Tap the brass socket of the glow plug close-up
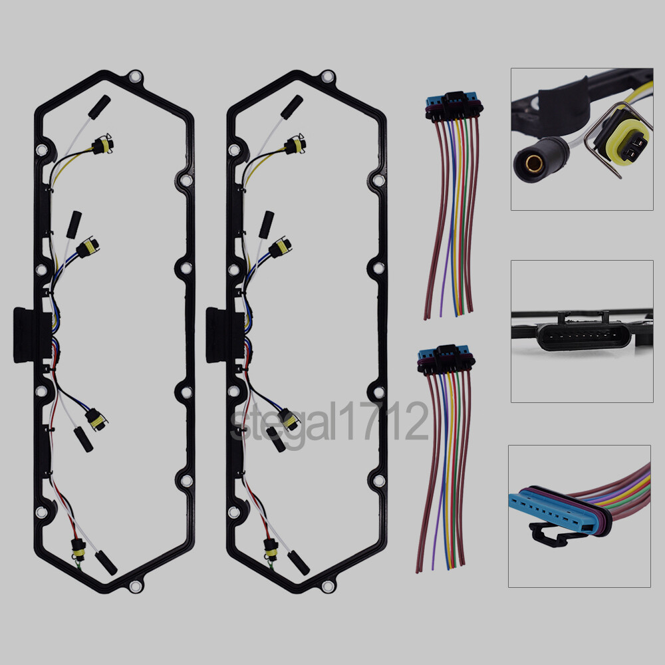(x=533, y=163)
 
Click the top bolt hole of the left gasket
(x=135, y=77)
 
